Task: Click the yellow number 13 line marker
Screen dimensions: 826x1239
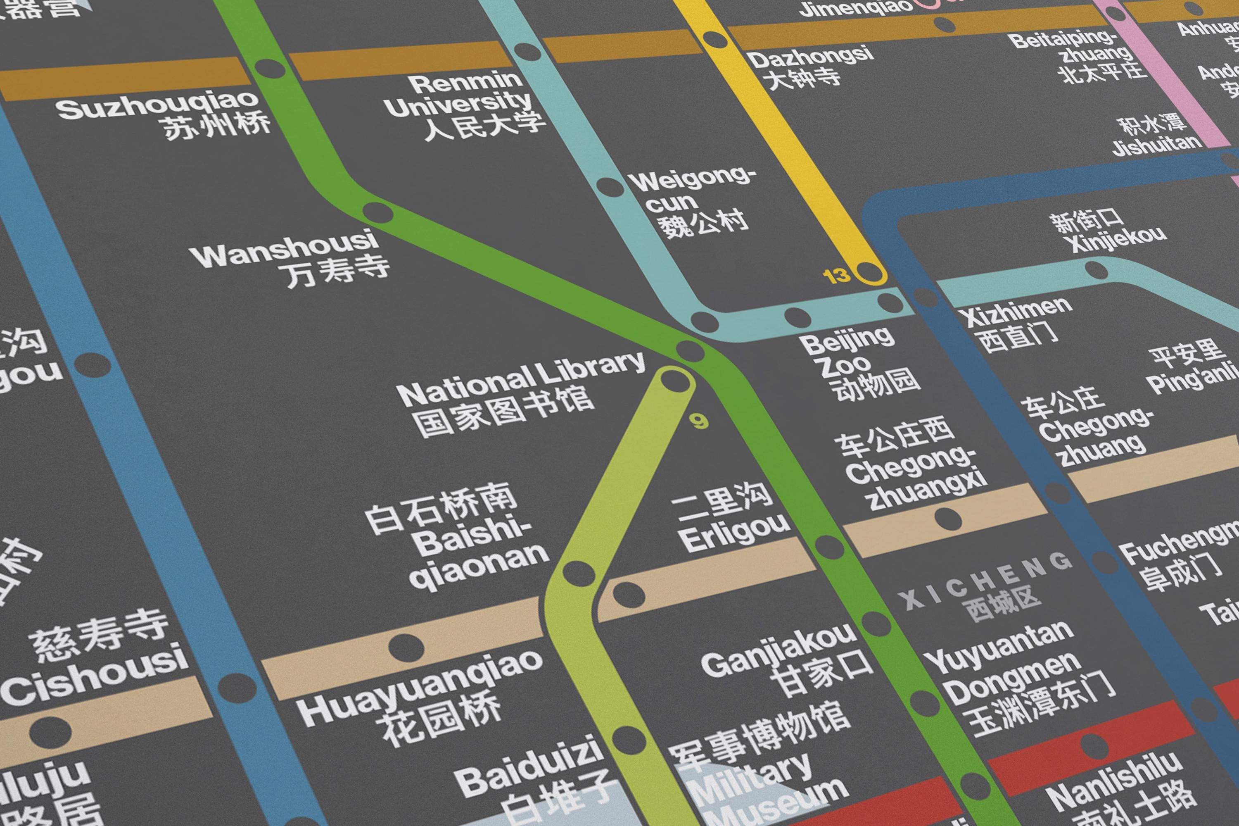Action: click(x=836, y=276)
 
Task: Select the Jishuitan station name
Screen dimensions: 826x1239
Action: click(x=1157, y=145)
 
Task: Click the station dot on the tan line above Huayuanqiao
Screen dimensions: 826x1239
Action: click(x=406, y=646)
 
